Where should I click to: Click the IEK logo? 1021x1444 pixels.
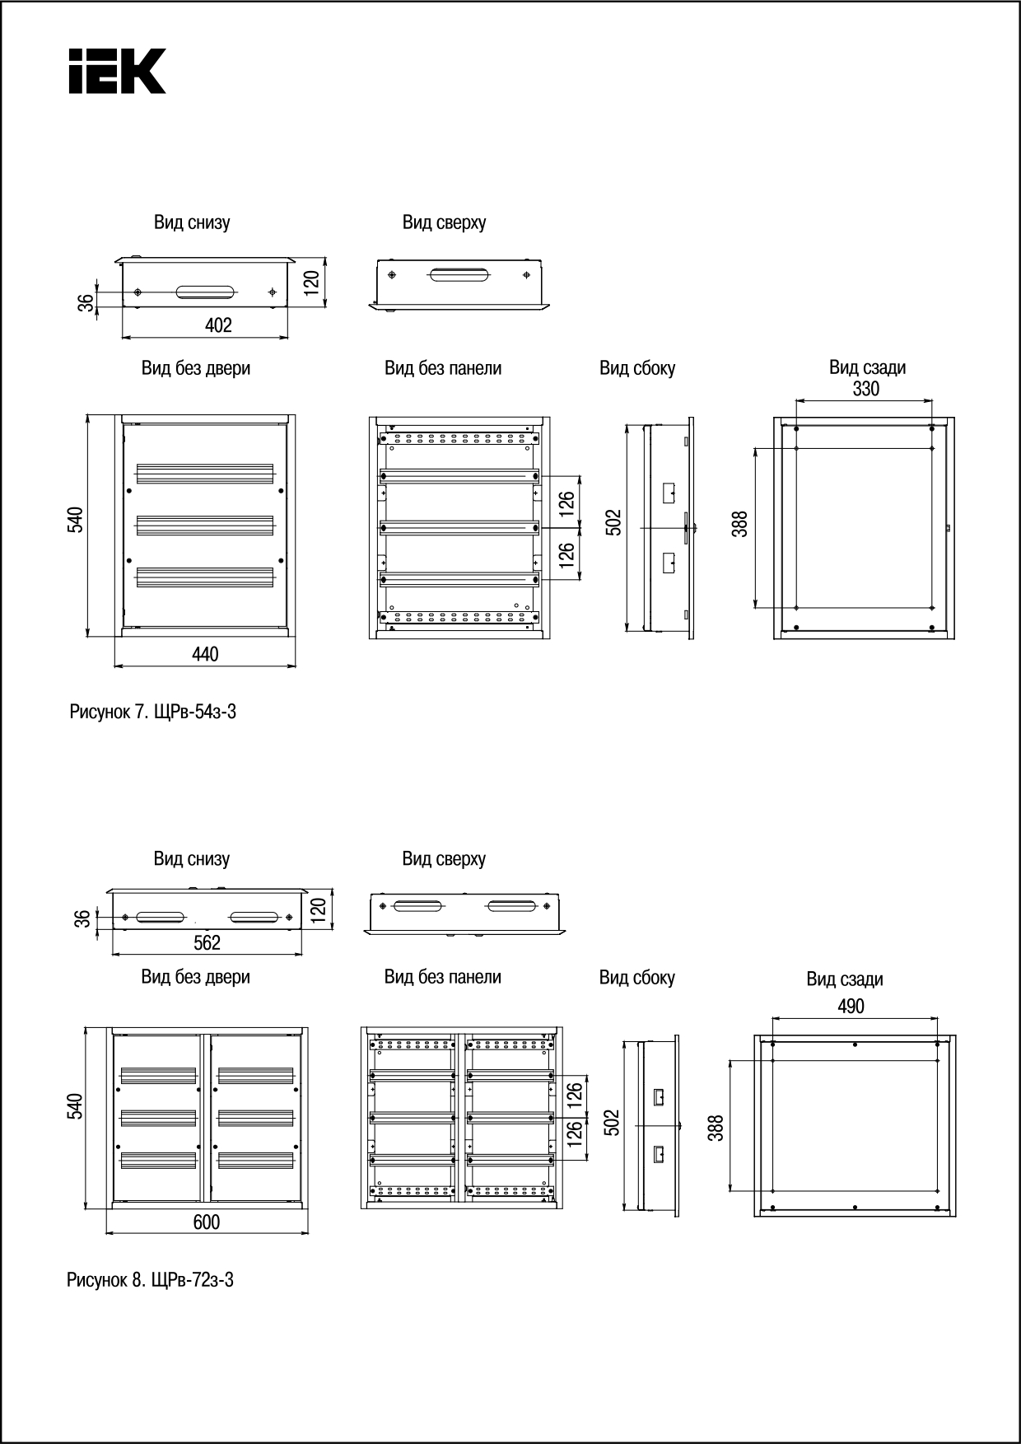(x=117, y=71)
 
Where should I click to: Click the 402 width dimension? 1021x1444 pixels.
(x=218, y=325)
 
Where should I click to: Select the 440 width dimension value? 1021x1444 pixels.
(x=205, y=654)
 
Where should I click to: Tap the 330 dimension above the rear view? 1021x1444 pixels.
(x=865, y=389)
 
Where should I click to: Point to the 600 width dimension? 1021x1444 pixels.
(x=207, y=1222)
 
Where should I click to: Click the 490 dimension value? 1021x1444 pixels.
(x=851, y=1007)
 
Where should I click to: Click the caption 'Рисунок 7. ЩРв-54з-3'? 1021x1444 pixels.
(x=152, y=713)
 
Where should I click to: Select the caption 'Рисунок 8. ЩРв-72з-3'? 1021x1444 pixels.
(x=150, y=1280)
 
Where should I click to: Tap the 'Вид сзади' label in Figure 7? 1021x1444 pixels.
(x=867, y=367)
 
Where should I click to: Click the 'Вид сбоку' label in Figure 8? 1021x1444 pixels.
(x=636, y=978)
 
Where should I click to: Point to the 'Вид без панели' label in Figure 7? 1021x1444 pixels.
(x=443, y=368)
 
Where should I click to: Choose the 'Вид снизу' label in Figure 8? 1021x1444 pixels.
(x=192, y=859)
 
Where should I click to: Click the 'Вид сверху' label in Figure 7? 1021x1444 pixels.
(x=444, y=222)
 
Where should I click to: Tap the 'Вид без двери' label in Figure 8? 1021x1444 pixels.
(x=195, y=977)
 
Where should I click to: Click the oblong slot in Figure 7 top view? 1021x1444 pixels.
(x=459, y=274)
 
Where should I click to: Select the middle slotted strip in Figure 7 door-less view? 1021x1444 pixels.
(x=204, y=525)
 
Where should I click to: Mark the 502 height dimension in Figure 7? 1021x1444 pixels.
(x=614, y=523)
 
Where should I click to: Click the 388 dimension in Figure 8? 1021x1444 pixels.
(x=716, y=1128)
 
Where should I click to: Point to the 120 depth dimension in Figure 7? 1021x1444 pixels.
(x=311, y=283)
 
